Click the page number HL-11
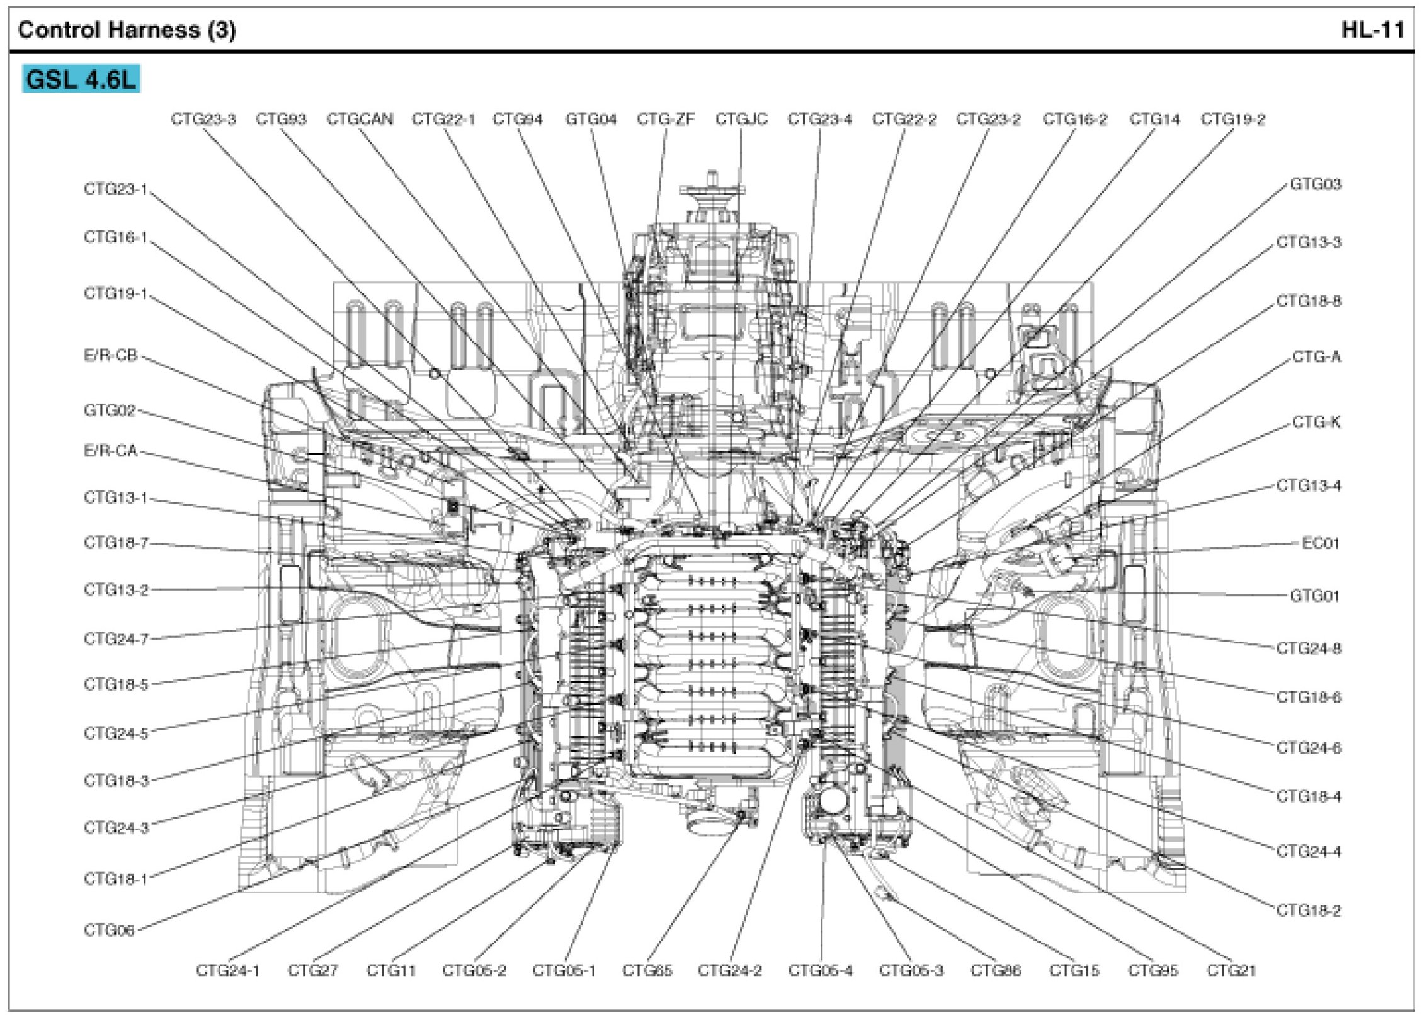point(1372,30)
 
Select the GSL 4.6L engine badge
point(81,79)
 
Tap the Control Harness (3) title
point(127,30)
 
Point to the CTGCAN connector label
point(359,119)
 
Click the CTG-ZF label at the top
point(665,119)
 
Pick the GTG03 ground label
point(1316,184)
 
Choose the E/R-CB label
point(110,356)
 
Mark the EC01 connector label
point(1320,543)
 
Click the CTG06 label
point(109,930)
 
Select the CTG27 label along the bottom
point(312,970)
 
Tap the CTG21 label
point(1231,970)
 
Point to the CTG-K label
point(1316,422)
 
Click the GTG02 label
point(110,411)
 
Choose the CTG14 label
point(1154,119)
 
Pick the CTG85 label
point(647,970)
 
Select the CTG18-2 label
point(1309,910)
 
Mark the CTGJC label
point(741,119)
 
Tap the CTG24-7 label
point(116,639)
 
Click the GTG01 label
point(1314,596)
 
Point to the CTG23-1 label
point(115,190)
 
